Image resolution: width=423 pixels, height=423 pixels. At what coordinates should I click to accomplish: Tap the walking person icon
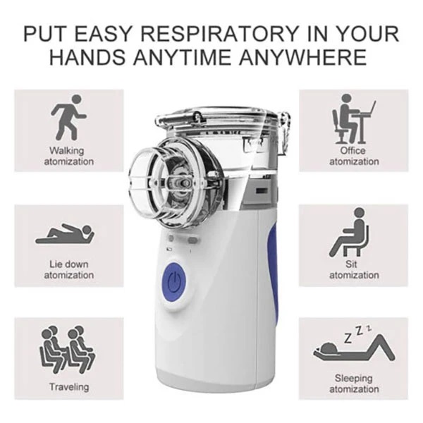pyautogui.click(x=69, y=117)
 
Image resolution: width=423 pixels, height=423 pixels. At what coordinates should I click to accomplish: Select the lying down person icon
pyautogui.click(x=65, y=234)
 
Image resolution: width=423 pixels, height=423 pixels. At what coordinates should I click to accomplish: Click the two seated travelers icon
pyautogui.click(x=68, y=350)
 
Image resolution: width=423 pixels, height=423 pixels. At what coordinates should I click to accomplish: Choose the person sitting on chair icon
pyautogui.click(x=350, y=232)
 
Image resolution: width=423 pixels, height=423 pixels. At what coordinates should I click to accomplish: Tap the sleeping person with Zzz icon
pyautogui.click(x=354, y=343)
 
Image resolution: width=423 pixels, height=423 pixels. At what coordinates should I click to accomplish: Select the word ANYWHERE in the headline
pyautogui.click(x=302, y=57)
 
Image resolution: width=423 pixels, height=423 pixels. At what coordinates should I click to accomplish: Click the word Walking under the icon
pyautogui.click(x=67, y=151)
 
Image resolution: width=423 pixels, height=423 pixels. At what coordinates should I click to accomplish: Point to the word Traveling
pyautogui.click(x=69, y=387)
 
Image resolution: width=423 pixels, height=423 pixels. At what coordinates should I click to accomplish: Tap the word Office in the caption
pyautogui.click(x=352, y=150)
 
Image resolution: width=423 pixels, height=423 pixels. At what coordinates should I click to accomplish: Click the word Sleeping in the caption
pyautogui.click(x=353, y=378)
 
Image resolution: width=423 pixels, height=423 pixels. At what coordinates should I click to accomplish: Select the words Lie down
pyautogui.click(x=69, y=264)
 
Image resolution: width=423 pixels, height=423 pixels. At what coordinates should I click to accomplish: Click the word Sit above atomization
pyautogui.click(x=350, y=264)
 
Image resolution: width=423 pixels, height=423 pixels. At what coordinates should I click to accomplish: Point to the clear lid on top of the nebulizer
pyautogui.click(x=216, y=116)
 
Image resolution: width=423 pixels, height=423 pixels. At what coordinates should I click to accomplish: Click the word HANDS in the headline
pyautogui.click(x=87, y=57)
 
